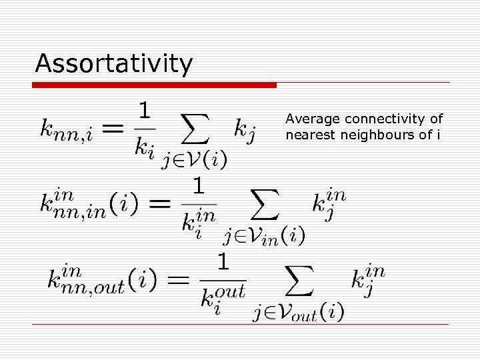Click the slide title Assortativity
pyautogui.click(x=114, y=64)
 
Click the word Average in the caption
pyautogui.click(x=305, y=119)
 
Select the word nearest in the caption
pyautogui.click(x=307, y=135)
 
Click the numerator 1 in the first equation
pyautogui.click(x=145, y=109)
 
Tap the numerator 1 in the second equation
pyautogui.click(x=199, y=185)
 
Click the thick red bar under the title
pyautogui.click(x=155, y=85)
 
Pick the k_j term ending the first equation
pyautogui.click(x=244, y=129)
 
